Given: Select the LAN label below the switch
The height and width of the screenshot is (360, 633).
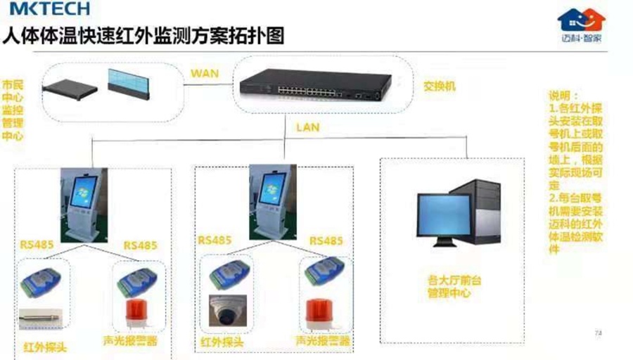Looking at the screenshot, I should coord(307,127).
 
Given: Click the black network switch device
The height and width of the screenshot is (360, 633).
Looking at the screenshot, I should coord(314,86).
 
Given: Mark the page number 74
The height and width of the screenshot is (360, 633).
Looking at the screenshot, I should coord(599,332).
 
